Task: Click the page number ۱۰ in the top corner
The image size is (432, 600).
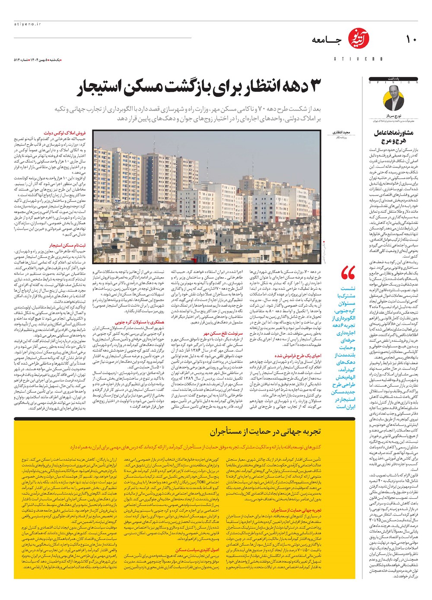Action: coord(410,39)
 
